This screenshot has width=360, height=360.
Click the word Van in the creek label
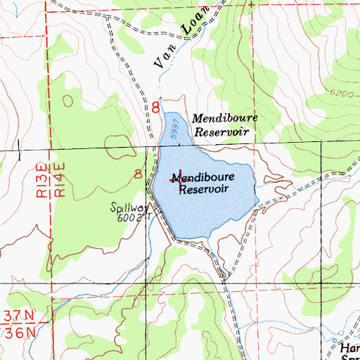coord(162,63)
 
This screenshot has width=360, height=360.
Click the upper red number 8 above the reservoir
coord(155,108)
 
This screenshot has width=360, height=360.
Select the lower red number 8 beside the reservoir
coord(139,174)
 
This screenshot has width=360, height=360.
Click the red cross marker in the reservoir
coord(181,180)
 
